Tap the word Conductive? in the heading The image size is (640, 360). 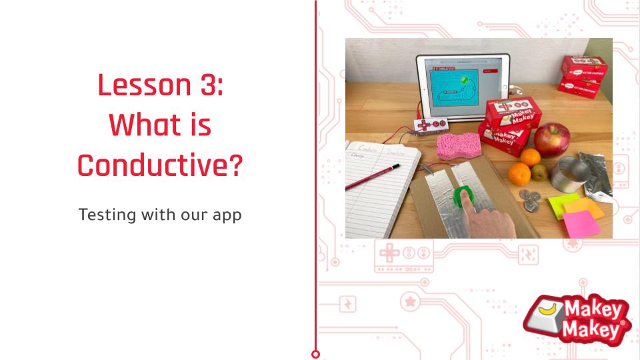pyautogui.click(x=159, y=165)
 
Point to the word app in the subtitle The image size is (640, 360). pyautogui.click(x=227, y=217)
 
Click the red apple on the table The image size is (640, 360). pyautogui.click(x=551, y=139)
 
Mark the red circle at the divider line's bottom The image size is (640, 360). pyautogui.click(x=315, y=354)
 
